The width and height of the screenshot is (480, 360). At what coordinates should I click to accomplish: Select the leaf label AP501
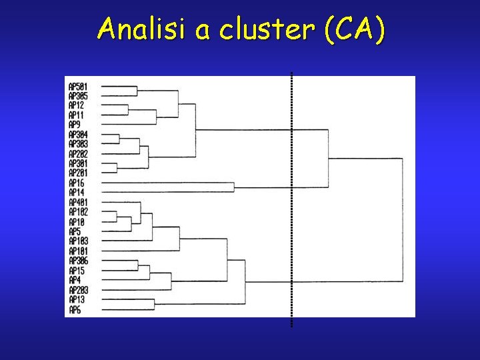(78, 87)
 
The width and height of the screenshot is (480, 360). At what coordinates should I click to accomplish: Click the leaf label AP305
(78, 96)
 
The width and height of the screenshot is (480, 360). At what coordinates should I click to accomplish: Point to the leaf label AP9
(74, 125)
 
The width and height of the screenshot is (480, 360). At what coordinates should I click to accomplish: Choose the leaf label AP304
(78, 135)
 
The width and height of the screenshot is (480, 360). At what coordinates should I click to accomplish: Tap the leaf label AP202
(78, 154)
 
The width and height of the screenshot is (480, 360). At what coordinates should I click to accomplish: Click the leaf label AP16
(76, 183)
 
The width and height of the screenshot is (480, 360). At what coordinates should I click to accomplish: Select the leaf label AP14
(76, 192)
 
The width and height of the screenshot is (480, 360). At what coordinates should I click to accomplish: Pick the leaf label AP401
(78, 202)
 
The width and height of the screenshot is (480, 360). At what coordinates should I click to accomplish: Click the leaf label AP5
(74, 231)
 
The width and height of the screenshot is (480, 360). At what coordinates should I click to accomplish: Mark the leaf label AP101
(78, 251)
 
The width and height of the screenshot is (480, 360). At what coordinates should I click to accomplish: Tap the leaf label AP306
(78, 261)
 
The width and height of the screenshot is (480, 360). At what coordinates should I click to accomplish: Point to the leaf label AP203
(78, 290)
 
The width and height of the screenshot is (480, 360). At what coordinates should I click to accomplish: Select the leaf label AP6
(74, 310)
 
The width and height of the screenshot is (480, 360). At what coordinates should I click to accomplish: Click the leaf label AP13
(76, 300)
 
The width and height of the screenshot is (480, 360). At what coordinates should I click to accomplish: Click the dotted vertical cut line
(292, 200)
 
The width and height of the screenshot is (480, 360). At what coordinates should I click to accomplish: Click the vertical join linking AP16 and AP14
(234, 187)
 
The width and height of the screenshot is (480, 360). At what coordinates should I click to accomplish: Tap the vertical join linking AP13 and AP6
(155, 305)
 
